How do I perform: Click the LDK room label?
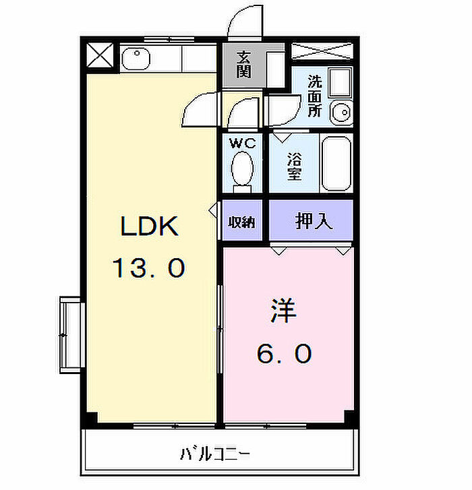(149, 227)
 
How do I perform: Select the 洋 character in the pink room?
(283, 311)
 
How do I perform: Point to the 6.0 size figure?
(283, 353)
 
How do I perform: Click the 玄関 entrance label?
(244, 64)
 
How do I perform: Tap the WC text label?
(243, 143)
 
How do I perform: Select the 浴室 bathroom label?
(294, 166)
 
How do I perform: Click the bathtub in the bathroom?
(335, 164)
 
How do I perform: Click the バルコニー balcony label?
(215, 453)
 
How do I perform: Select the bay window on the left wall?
(70, 334)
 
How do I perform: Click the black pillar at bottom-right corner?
(349, 417)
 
